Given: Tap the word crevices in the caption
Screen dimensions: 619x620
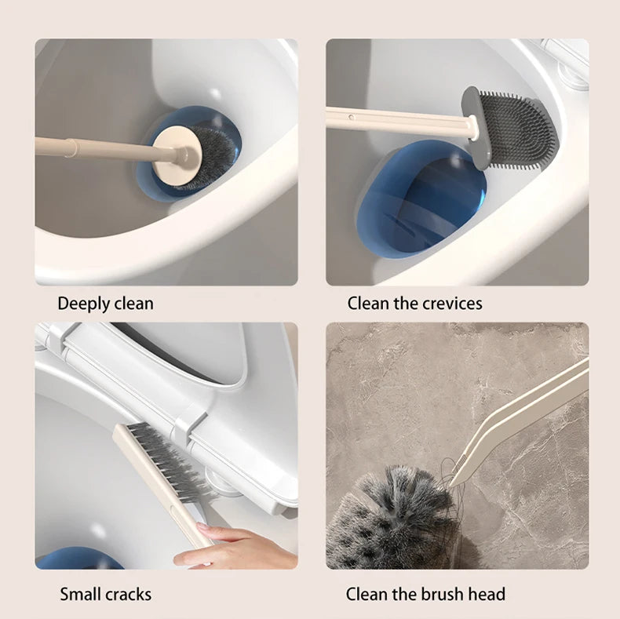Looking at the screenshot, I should tap(448, 303).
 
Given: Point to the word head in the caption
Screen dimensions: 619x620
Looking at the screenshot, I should tap(487, 594).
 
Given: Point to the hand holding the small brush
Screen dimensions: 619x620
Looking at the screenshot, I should tap(235, 547).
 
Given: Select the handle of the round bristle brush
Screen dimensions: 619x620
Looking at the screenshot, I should tap(86, 147).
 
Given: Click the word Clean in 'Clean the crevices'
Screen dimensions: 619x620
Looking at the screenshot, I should tap(367, 303).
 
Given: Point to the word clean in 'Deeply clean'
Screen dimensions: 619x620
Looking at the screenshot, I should tap(133, 304).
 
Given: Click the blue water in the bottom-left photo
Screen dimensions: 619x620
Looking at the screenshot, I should tap(78, 559).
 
